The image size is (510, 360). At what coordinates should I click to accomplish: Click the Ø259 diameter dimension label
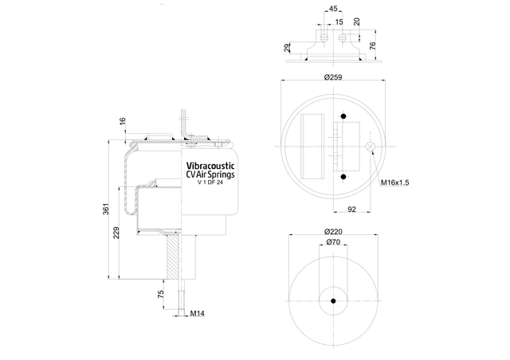click(x=333, y=77)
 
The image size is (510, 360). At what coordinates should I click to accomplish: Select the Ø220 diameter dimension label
click(x=333, y=232)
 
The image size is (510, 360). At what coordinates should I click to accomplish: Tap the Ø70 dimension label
click(x=333, y=242)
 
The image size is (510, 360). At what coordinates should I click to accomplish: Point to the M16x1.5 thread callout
click(x=395, y=182)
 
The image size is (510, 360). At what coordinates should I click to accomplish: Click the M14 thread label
click(x=197, y=314)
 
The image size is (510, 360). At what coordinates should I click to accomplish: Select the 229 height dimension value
click(x=116, y=233)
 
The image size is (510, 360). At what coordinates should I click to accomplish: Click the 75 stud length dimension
click(x=161, y=295)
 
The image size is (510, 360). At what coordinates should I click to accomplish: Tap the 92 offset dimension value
click(x=352, y=209)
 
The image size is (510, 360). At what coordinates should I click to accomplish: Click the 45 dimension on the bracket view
click(x=333, y=9)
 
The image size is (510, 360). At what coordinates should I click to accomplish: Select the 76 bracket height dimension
click(x=373, y=45)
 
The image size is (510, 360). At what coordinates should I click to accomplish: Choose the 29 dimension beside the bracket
click(x=287, y=48)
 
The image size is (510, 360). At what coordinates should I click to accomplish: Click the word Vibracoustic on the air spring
click(x=210, y=166)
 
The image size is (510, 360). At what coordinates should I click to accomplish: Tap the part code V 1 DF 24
click(x=210, y=182)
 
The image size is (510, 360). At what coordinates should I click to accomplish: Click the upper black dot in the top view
click(x=343, y=116)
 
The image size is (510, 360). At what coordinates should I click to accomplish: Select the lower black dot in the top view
click(x=343, y=177)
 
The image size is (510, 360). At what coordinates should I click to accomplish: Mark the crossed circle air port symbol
click(x=370, y=147)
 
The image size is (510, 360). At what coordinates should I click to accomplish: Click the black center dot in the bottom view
click(x=333, y=301)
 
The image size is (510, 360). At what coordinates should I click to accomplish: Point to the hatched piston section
click(x=173, y=256)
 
